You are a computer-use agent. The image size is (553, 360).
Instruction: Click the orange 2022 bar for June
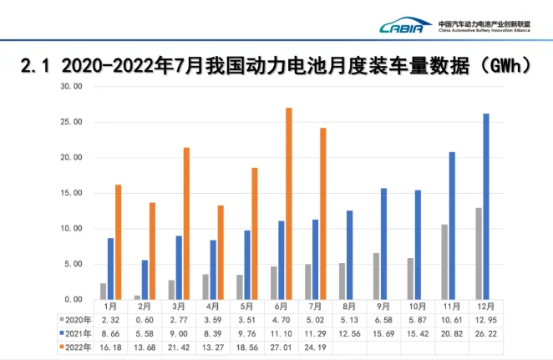point(289,203)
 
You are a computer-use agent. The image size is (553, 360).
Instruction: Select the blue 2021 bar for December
point(485,206)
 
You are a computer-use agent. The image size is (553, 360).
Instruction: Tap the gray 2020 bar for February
point(137,297)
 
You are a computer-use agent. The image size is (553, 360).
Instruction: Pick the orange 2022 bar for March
point(186,223)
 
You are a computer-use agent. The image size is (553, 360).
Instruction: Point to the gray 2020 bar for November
point(445,261)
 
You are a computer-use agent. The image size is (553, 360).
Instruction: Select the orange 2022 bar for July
point(323,213)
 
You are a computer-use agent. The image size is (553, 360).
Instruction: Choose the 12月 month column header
point(481,308)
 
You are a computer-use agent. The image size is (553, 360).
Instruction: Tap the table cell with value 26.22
point(481,333)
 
